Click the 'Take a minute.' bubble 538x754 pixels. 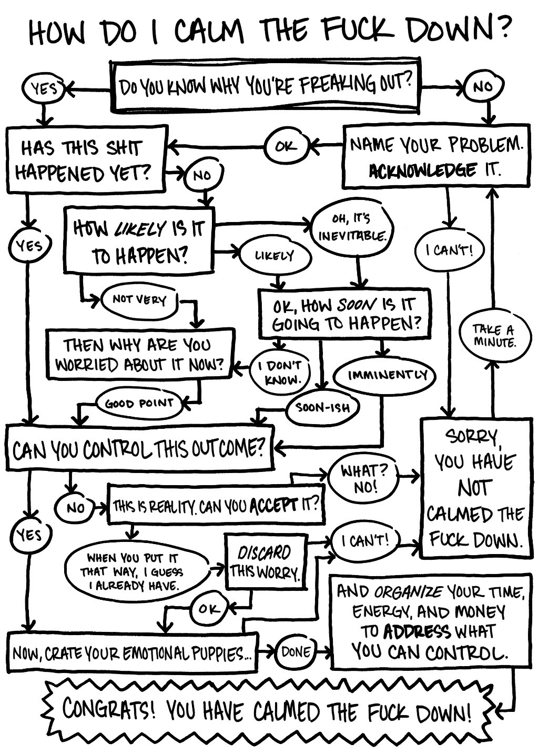coord(493,335)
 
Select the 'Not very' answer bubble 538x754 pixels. coord(139,300)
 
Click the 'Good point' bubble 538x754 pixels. coord(139,404)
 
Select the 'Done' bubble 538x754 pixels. coord(296,652)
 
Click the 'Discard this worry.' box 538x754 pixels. coord(265,561)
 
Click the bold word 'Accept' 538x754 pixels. coord(273,507)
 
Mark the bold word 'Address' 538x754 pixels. coord(417,631)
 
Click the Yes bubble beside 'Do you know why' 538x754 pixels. coord(44,88)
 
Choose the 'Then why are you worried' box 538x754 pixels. coord(139,354)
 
